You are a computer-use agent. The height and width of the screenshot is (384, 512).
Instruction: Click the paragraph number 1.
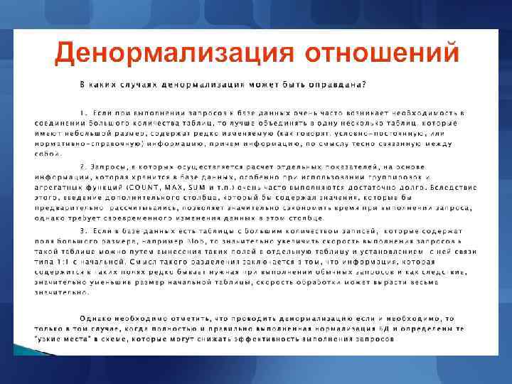[83, 112]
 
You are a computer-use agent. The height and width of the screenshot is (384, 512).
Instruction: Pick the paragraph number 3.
[83, 231]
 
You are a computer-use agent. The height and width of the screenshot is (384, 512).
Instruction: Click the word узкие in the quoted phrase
[50, 339]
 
